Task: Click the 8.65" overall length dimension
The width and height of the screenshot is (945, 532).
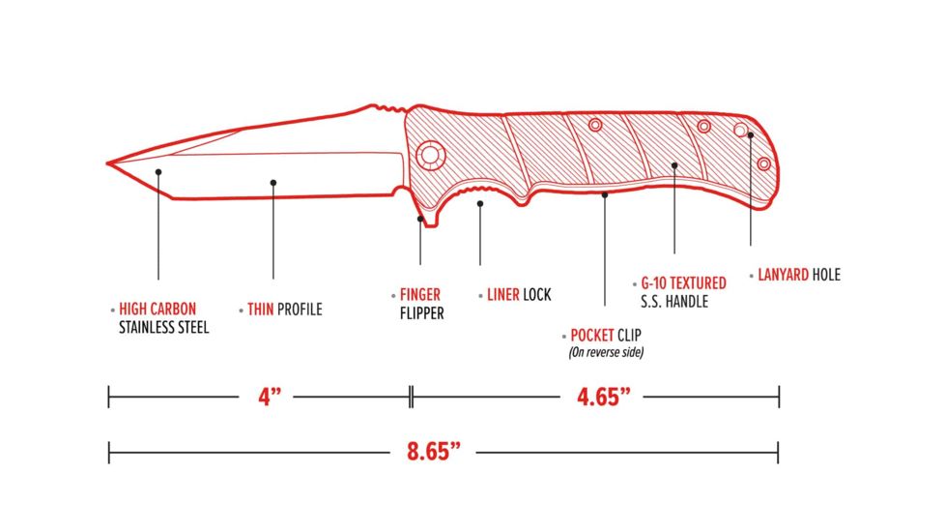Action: tap(433, 451)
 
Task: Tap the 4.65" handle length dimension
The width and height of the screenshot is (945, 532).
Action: tap(603, 397)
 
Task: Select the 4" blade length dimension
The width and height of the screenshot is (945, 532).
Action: tap(270, 397)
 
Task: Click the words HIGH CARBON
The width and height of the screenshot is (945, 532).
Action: tap(157, 309)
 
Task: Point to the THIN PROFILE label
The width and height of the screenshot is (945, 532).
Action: tap(284, 310)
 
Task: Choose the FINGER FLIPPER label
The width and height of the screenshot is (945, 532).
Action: tap(421, 304)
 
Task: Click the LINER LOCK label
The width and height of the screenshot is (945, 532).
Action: tap(519, 294)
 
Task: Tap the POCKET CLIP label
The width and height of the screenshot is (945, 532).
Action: tap(606, 335)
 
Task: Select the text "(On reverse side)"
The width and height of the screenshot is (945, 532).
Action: tap(606, 352)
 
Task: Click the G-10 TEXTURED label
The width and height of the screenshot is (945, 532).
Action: tap(683, 282)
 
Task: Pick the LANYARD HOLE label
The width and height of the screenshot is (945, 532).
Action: tap(798, 275)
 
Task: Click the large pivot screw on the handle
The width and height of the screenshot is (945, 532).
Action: tap(430, 155)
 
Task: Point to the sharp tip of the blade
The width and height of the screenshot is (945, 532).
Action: tap(107, 163)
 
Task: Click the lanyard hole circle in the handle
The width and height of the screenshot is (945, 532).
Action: tap(741, 130)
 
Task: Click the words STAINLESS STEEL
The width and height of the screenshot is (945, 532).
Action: tap(164, 328)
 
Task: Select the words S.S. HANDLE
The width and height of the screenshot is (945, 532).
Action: tap(674, 302)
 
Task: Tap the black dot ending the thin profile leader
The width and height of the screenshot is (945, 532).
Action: tap(273, 183)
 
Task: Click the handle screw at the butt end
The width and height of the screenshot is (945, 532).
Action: tap(763, 163)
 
